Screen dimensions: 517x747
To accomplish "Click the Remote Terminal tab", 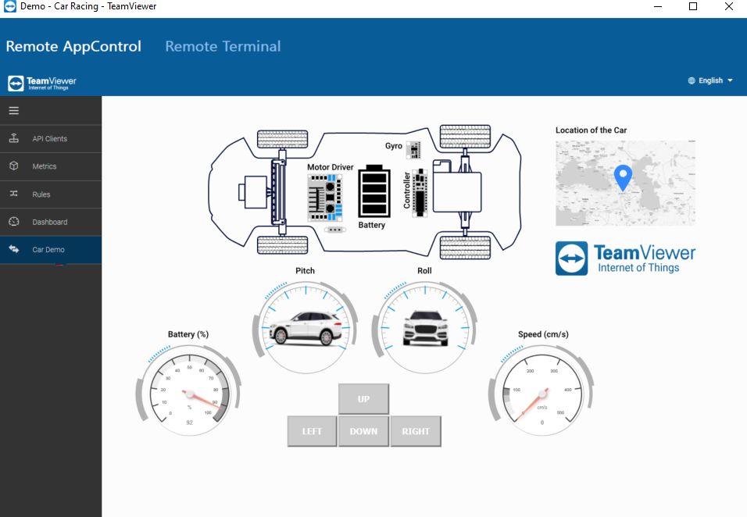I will (x=223, y=47).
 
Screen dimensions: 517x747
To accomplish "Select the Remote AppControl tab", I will (x=73, y=47).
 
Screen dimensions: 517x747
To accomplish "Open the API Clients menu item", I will (x=49, y=139).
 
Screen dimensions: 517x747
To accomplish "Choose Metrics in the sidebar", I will (x=44, y=166).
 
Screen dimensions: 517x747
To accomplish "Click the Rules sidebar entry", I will (x=41, y=194).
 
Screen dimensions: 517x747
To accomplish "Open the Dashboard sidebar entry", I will (x=49, y=223).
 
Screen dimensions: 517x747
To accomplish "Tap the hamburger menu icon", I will (x=13, y=111).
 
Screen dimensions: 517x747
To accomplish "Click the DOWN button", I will (x=363, y=431).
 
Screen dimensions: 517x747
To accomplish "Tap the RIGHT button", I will (x=416, y=431).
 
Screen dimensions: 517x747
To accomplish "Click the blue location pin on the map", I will (x=623, y=177).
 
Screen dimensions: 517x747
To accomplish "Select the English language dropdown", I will (x=710, y=80).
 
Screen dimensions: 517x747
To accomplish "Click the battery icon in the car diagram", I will (x=373, y=192).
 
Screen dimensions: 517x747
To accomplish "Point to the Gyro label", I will (x=393, y=146).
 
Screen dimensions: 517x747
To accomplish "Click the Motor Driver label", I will (x=330, y=167).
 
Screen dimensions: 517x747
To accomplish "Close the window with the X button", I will (x=728, y=6).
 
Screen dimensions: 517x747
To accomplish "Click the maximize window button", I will (x=692, y=6).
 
